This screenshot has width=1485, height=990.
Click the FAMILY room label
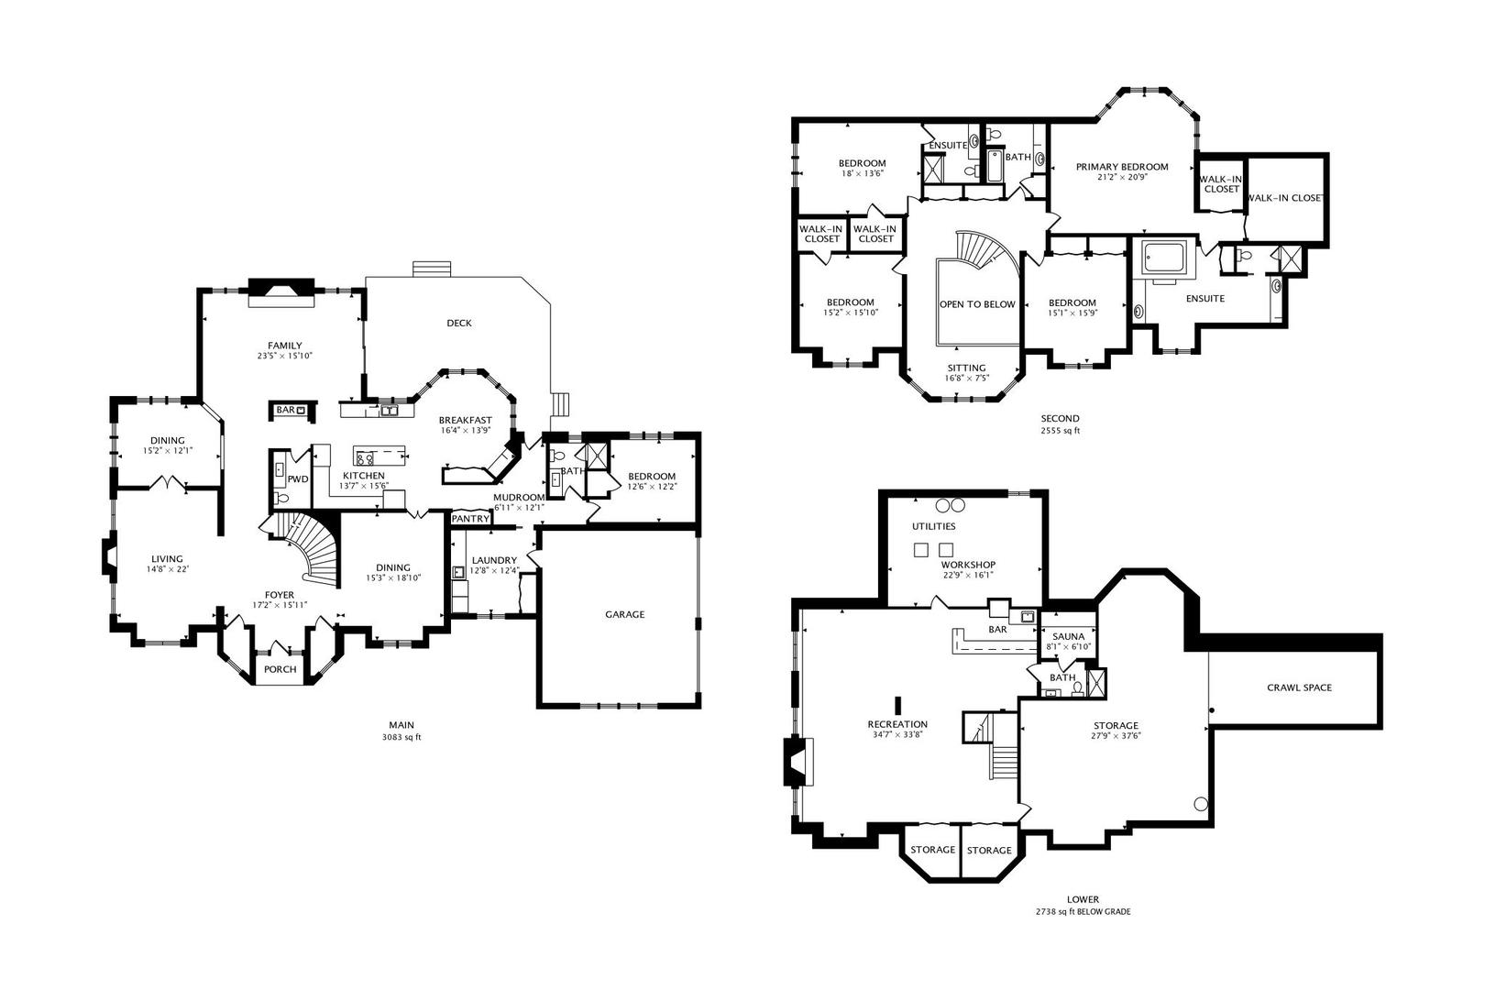tap(285, 346)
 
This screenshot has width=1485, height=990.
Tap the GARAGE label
tap(624, 615)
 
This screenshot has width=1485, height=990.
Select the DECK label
tap(459, 323)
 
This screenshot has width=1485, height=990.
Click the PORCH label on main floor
tap(280, 670)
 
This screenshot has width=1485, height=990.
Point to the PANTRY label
tap(470, 519)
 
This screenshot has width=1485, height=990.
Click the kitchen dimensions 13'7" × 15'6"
tap(364, 486)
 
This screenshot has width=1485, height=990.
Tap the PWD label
tap(298, 479)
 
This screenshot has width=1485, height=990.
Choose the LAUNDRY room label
tap(495, 560)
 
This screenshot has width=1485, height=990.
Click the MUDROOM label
tap(519, 498)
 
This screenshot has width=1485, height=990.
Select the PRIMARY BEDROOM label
tap(1122, 167)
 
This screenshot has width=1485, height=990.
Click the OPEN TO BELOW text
tap(977, 304)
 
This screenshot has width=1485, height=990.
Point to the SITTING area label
tap(966, 368)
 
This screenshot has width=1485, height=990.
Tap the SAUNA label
tap(1069, 636)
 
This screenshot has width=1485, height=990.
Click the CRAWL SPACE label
tap(1300, 687)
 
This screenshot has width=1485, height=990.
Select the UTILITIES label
tap(934, 526)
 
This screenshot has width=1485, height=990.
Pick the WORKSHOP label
tap(969, 565)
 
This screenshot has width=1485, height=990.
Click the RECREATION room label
tap(897, 725)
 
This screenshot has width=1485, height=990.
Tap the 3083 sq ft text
tap(401, 737)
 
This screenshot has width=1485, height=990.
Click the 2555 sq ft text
tap(1060, 430)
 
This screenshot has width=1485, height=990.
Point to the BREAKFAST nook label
tap(466, 421)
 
